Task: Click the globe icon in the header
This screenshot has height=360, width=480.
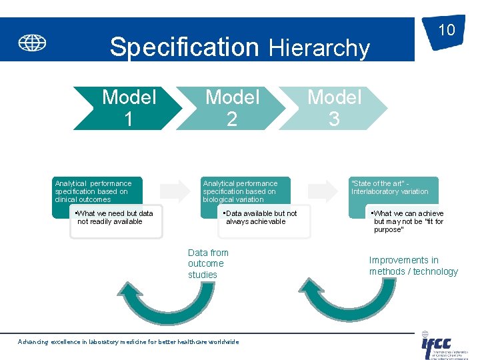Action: pyautogui.click(x=32, y=43)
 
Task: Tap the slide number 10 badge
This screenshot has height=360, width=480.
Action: pyautogui.click(x=445, y=31)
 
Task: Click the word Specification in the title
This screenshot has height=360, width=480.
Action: pyautogui.click(x=184, y=47)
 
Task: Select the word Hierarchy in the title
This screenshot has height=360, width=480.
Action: pyautogui.click(x=319, y=48)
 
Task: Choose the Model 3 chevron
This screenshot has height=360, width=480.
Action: pyautogui.click(x=334, y=108)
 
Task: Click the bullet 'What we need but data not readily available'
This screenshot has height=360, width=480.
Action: pyautogui.click(x=115, y=218)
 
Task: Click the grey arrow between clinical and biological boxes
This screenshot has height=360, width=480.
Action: pyautogui.click(x=175, y=191)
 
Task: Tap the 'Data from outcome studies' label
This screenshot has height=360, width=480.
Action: pyautogui.click(x=208, y=263)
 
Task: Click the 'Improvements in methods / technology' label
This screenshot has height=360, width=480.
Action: pyautogui.click(x=413, y=265)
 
